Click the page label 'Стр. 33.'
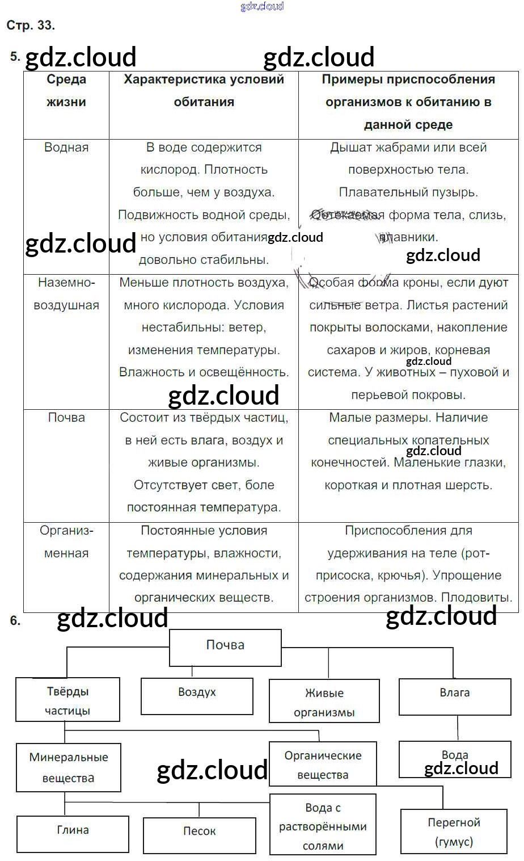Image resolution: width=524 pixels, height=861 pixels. point(31,26)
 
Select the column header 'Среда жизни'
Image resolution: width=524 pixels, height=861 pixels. point(66,91)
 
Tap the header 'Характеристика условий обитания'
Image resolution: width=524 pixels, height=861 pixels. point(204,91)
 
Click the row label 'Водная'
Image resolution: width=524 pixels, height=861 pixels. point(66,148)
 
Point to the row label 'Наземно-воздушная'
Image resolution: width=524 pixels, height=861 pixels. point(66,294)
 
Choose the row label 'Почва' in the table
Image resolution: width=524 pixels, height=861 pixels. point(66,418)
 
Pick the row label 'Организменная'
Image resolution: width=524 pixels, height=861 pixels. point(66,542)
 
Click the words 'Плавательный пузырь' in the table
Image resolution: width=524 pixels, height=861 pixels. point(408,192)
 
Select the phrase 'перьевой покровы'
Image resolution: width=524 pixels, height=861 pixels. point(408,395)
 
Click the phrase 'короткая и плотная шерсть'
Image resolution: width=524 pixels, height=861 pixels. point(408,485)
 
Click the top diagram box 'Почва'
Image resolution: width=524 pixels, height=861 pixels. point(225,646)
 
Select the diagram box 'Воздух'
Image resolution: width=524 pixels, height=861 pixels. point(197,693)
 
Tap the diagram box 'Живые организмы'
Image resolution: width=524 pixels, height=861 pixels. point(324,703)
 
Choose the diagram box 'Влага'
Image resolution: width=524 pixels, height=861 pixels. point(454,693)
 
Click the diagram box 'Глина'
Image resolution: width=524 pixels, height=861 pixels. point(73,830)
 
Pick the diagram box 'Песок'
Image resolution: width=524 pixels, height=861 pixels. point(199,831)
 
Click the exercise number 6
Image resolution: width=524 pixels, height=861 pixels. point(15,621)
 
